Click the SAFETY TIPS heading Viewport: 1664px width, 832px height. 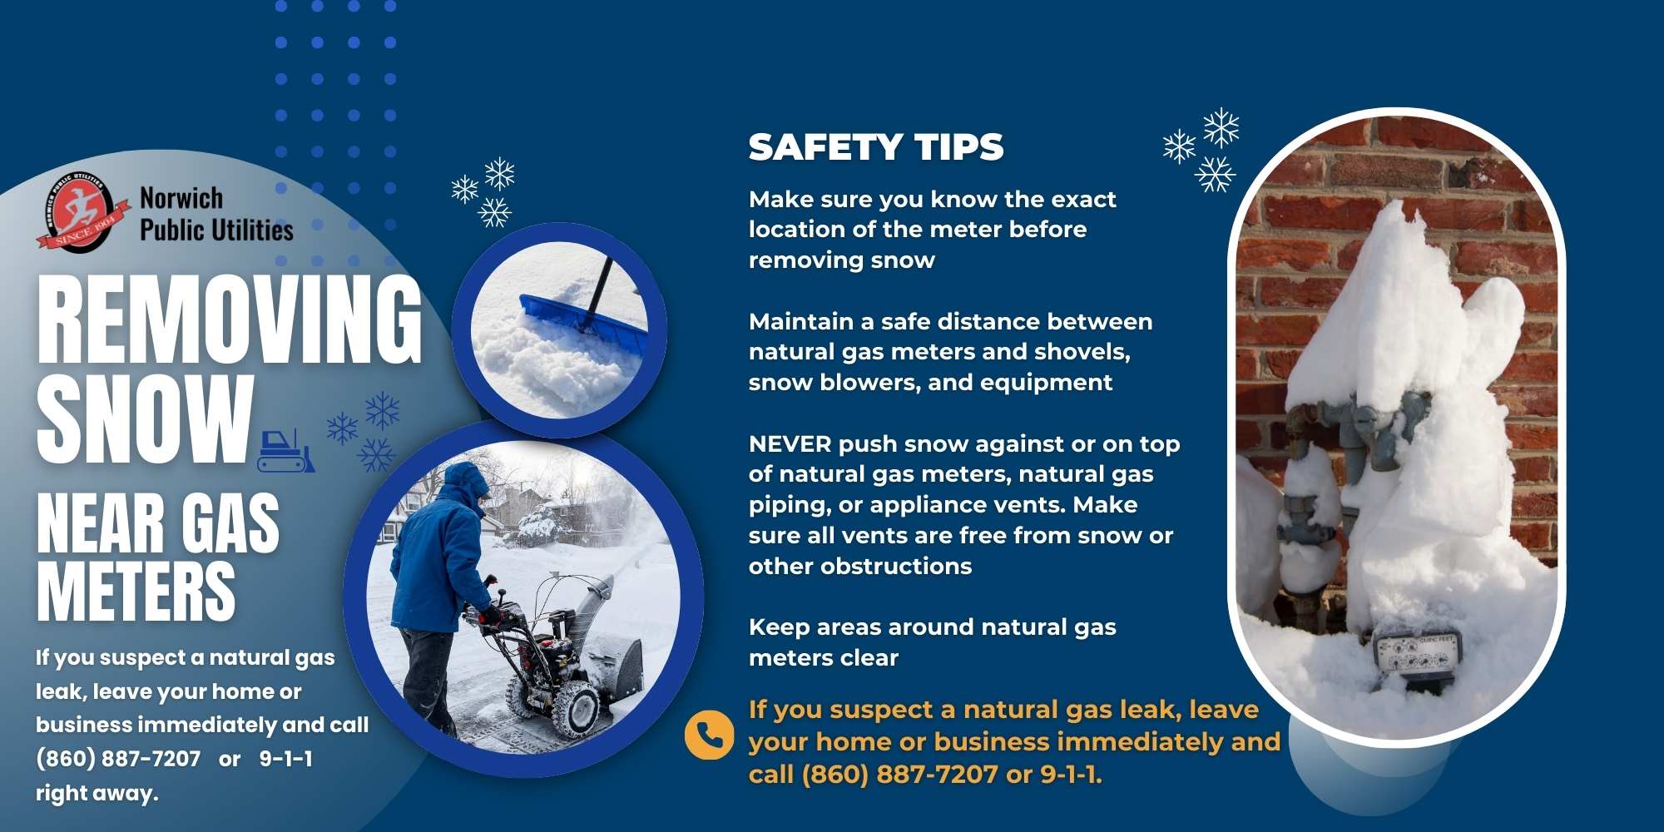point(876,147)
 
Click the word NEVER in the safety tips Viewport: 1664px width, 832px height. point(790,444)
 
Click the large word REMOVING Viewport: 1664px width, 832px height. point(230,320)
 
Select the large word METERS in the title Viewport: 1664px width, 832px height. point(136,592)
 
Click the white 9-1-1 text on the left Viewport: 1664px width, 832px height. point(285,759)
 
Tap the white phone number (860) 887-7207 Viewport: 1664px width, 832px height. point(118,759)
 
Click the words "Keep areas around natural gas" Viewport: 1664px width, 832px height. point(932,627)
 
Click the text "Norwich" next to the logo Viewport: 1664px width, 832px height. point(181,198)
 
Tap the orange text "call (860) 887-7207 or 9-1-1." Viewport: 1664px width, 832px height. point(925,775)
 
